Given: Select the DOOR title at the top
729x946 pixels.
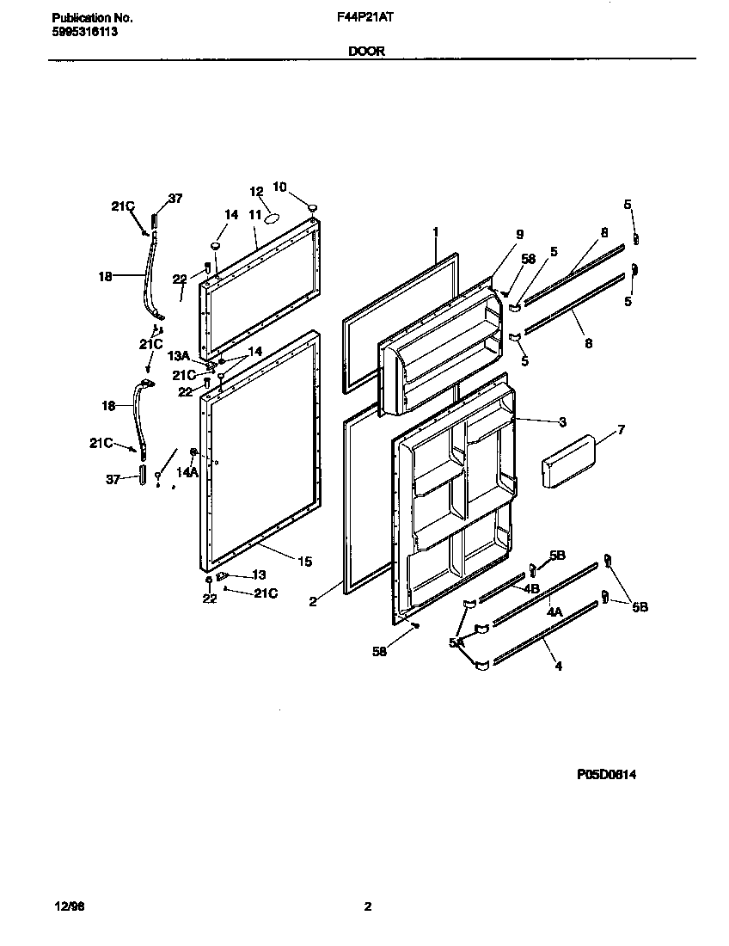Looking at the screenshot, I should (366, 51).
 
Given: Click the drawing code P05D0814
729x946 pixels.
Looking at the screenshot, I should (606, 774).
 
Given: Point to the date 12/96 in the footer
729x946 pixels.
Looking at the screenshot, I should (64, 906).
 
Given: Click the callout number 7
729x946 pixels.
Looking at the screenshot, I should (621, 429).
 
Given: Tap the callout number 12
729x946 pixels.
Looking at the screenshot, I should (255, 191).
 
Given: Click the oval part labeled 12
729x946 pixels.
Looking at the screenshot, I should (271, 218).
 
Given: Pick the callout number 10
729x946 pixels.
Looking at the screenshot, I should (279, 187).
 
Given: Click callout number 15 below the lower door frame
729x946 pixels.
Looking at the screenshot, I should (304, 562).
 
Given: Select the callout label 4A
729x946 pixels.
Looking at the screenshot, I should (554, 613).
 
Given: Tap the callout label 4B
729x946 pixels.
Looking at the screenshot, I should (530, 589).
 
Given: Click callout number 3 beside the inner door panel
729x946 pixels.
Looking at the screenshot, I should (561, 421).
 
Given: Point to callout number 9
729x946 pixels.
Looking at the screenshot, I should (519, 234).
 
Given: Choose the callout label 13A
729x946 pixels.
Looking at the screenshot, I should (177, 356).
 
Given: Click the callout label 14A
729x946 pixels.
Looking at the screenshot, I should (187, 472).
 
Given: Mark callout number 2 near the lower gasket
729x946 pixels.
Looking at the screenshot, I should (313, 602).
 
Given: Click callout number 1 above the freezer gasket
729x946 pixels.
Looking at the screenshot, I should (436, 231).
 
